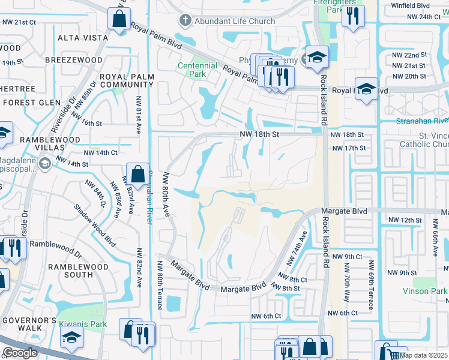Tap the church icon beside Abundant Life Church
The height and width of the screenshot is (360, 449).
[x=185, y=21]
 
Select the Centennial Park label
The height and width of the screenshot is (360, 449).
[x=197, y=70]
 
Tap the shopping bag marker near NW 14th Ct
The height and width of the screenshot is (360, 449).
[x=137, y=174]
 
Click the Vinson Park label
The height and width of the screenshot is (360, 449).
[x=427, y=291]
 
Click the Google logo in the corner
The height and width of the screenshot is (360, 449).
[x=20, y=353]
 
